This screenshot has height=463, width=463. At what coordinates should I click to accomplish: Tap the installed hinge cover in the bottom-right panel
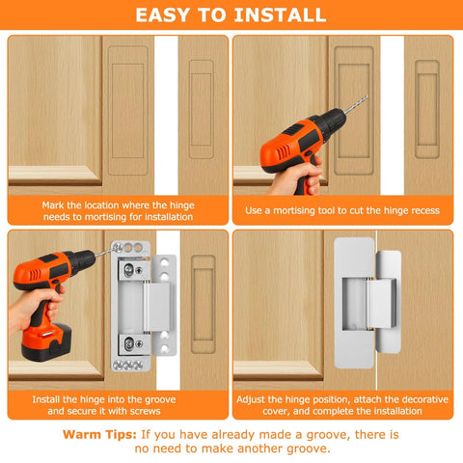(x=366, y=310)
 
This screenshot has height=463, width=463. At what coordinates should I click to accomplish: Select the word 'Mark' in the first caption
(x=57, y=204)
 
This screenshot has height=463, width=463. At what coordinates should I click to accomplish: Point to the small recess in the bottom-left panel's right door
(x=202, y=303)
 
